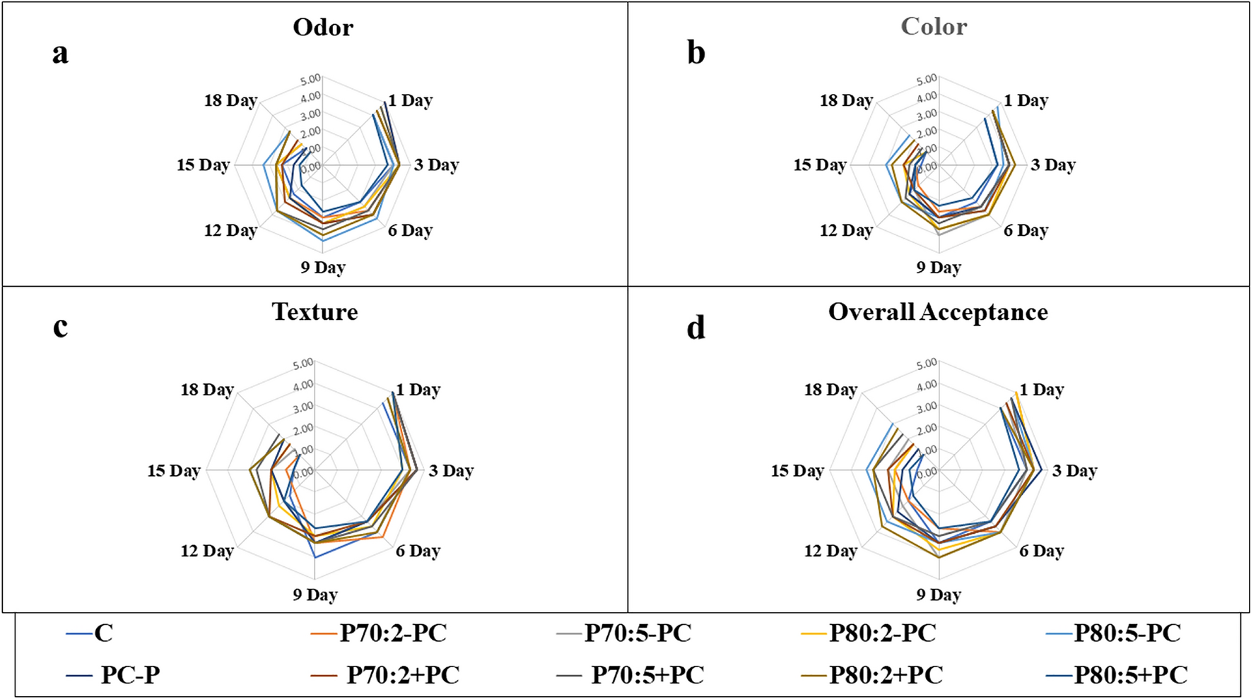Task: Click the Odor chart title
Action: (x=323, y=28)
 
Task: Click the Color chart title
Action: (x=934, y=27)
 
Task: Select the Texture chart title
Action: (x=315, y=312)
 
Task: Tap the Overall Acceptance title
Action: (x=938, y=312)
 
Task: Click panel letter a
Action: (x=60, y=53)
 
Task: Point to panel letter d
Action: (x=695, y=328)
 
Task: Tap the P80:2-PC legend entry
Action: (x=882, y=633)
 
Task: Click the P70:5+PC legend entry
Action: (x=647, y=675)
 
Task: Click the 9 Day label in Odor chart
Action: (x=323, y=268)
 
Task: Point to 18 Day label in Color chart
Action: (x=846, y=101)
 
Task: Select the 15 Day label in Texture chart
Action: (x=174, y=471)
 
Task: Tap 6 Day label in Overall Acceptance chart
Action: (x=1041, y=551)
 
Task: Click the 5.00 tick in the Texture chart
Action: (x=303, y=363)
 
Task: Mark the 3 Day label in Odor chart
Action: (x=436, y=165)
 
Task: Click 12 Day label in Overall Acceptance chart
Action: (x=830, y=551)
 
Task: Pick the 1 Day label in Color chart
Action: (x=1026, y=101)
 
